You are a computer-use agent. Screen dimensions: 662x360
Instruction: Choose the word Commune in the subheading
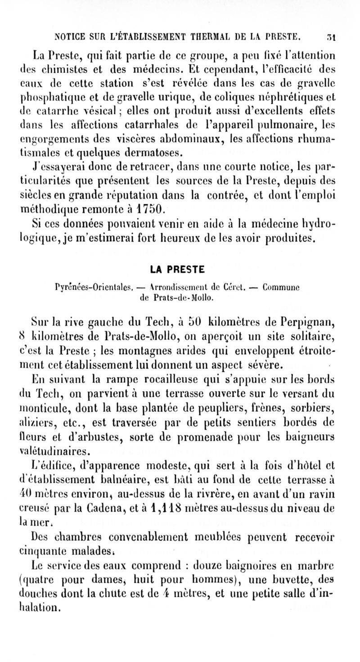click(x=281, y=286)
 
